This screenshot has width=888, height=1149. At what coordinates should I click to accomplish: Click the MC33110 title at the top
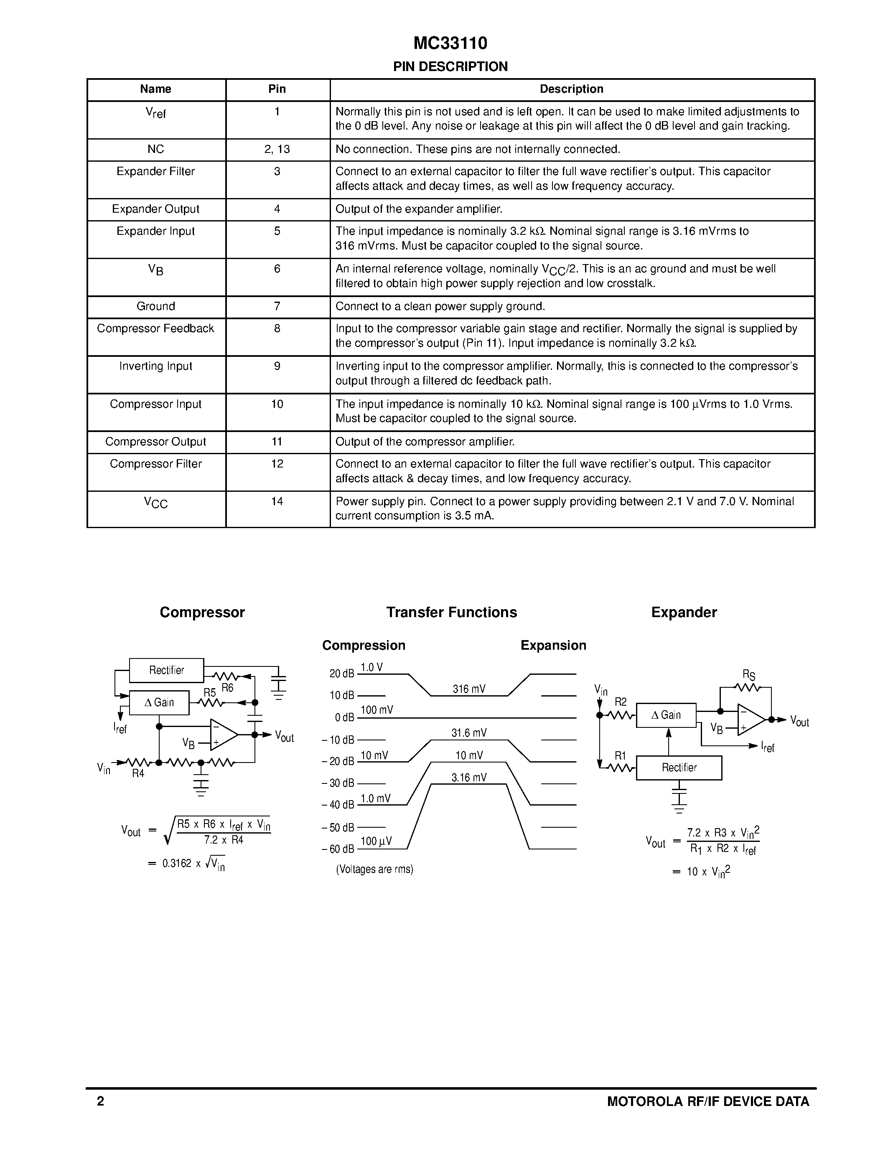[450, 43]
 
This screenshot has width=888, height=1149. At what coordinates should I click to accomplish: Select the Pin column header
[277, 89]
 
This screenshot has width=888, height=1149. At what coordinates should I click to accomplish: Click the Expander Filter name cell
[156, 171]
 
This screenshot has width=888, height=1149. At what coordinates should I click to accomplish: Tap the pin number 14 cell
[277, 501]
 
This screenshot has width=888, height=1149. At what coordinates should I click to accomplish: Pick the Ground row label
[156, 306]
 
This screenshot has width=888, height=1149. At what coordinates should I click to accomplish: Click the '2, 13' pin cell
[277, 150]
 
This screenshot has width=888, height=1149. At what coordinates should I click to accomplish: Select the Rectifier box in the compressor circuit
[166, 670]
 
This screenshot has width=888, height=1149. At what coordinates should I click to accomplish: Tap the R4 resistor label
[138, 773]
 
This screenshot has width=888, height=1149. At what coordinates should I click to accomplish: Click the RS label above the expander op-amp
[748, 675]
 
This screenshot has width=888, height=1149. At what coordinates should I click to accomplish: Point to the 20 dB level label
[341, 674]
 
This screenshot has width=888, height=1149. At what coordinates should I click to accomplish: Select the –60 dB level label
[338, 849]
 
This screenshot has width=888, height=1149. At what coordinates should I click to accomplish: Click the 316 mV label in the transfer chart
[469, 689]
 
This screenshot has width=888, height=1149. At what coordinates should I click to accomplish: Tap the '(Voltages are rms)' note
[374, 869]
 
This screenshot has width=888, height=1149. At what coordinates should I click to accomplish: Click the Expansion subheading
[553, 646]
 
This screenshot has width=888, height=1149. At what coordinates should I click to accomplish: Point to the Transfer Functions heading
[451, 613]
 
